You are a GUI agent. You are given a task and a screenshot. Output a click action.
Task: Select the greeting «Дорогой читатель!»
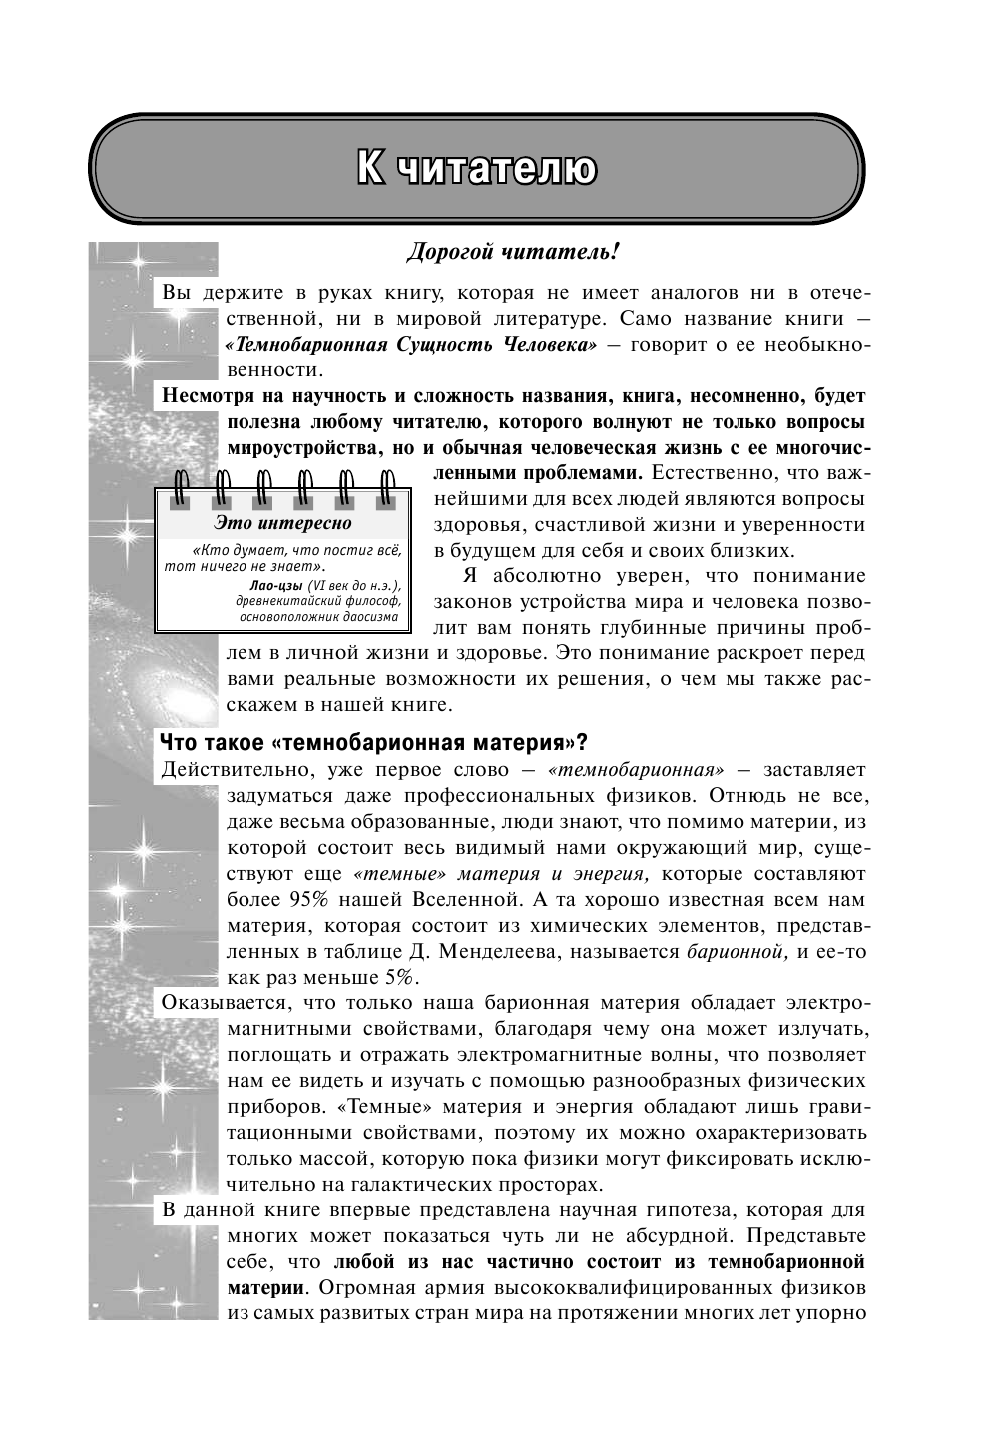(x=513, y=253)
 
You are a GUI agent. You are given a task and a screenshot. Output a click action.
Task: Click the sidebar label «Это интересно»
(x=283, y=523)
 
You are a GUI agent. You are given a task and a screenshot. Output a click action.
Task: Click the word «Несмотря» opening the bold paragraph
(x=208, y=395)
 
